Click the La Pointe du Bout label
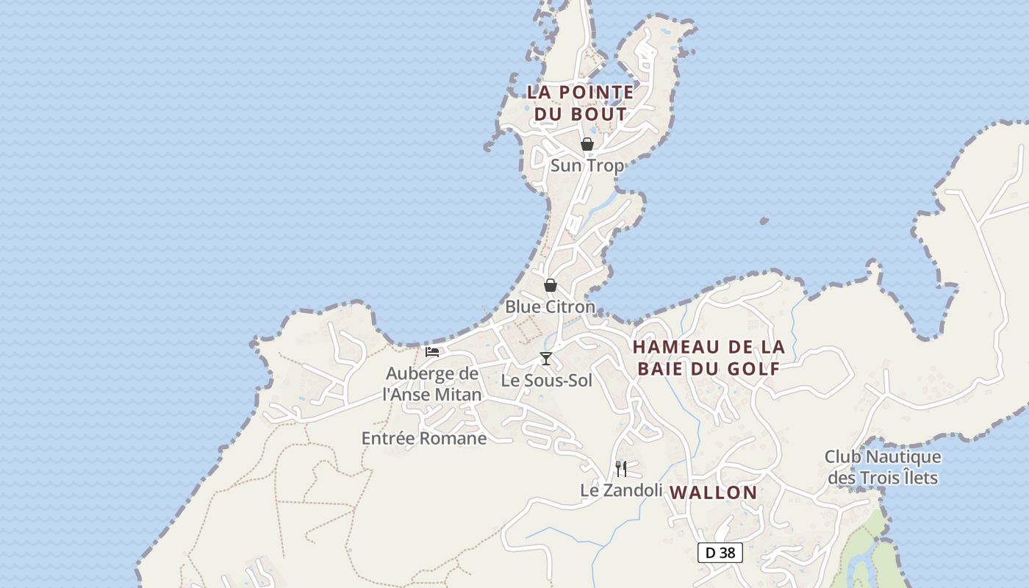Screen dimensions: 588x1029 tap(580, 103)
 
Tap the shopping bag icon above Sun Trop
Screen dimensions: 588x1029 tap(587, 144)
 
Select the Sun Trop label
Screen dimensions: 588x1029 tap(587, 165)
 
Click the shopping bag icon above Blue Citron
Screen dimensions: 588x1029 tap(550, 285)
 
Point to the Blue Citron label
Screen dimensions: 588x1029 tap(550, 306)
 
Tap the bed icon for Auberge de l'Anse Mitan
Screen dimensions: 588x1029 tap(432, 352)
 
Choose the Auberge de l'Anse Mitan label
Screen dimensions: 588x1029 tap(432, 384)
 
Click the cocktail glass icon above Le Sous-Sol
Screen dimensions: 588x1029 tap(545, 359)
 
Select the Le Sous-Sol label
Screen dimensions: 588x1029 tap(546, 381)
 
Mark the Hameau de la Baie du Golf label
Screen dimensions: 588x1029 tap(709, 357)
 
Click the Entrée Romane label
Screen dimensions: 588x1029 tap(424, 439)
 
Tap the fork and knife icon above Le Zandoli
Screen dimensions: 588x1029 tap(621, 468)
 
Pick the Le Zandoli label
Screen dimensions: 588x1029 tap(621, 490)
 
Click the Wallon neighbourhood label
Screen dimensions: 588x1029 tap(714, 492)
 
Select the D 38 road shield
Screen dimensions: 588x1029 tap(720, 553)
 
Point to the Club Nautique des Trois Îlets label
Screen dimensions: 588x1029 tap(883, 467)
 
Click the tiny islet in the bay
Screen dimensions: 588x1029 tap(764, 220)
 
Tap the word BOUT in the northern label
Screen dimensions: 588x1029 tap(600, 114)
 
